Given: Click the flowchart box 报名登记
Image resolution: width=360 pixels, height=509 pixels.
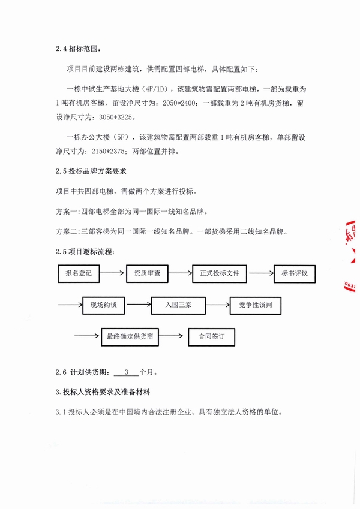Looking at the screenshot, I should tap(79, 273).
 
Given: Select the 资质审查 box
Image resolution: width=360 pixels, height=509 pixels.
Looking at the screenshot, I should tap(147, 273).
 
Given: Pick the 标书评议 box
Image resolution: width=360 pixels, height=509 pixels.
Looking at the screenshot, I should tap(294, 273).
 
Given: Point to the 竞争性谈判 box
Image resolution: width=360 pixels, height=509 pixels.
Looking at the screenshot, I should tap(256, 305).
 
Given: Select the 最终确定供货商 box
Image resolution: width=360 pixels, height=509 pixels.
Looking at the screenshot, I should tap(130, 336).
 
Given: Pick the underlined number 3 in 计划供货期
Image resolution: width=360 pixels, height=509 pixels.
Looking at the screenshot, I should tap(127, 372).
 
